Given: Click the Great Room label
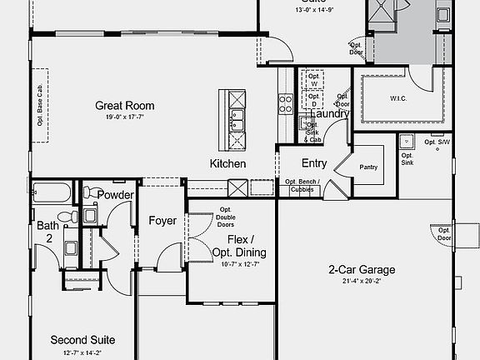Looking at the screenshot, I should [125, 106].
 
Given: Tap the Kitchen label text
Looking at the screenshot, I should [227, 164].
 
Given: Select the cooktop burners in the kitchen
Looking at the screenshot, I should [286, 103].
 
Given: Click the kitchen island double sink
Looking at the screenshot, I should [237, 121].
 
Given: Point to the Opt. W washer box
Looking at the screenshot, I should [314, 80].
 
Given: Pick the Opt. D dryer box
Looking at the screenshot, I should [314, 100].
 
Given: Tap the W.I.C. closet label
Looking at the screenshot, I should [398, 98].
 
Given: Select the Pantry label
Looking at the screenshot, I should [369, 167].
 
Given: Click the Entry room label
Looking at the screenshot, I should [314, 163].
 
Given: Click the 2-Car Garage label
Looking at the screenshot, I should [361, 270].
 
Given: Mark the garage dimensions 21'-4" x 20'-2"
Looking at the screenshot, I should [361, 281].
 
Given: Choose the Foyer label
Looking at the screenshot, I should [162, 221].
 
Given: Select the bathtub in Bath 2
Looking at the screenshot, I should [52, 195].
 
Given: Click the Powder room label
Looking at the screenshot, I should [116, 195].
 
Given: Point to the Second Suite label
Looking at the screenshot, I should [82, 340].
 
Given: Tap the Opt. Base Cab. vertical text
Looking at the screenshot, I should [39, 104].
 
